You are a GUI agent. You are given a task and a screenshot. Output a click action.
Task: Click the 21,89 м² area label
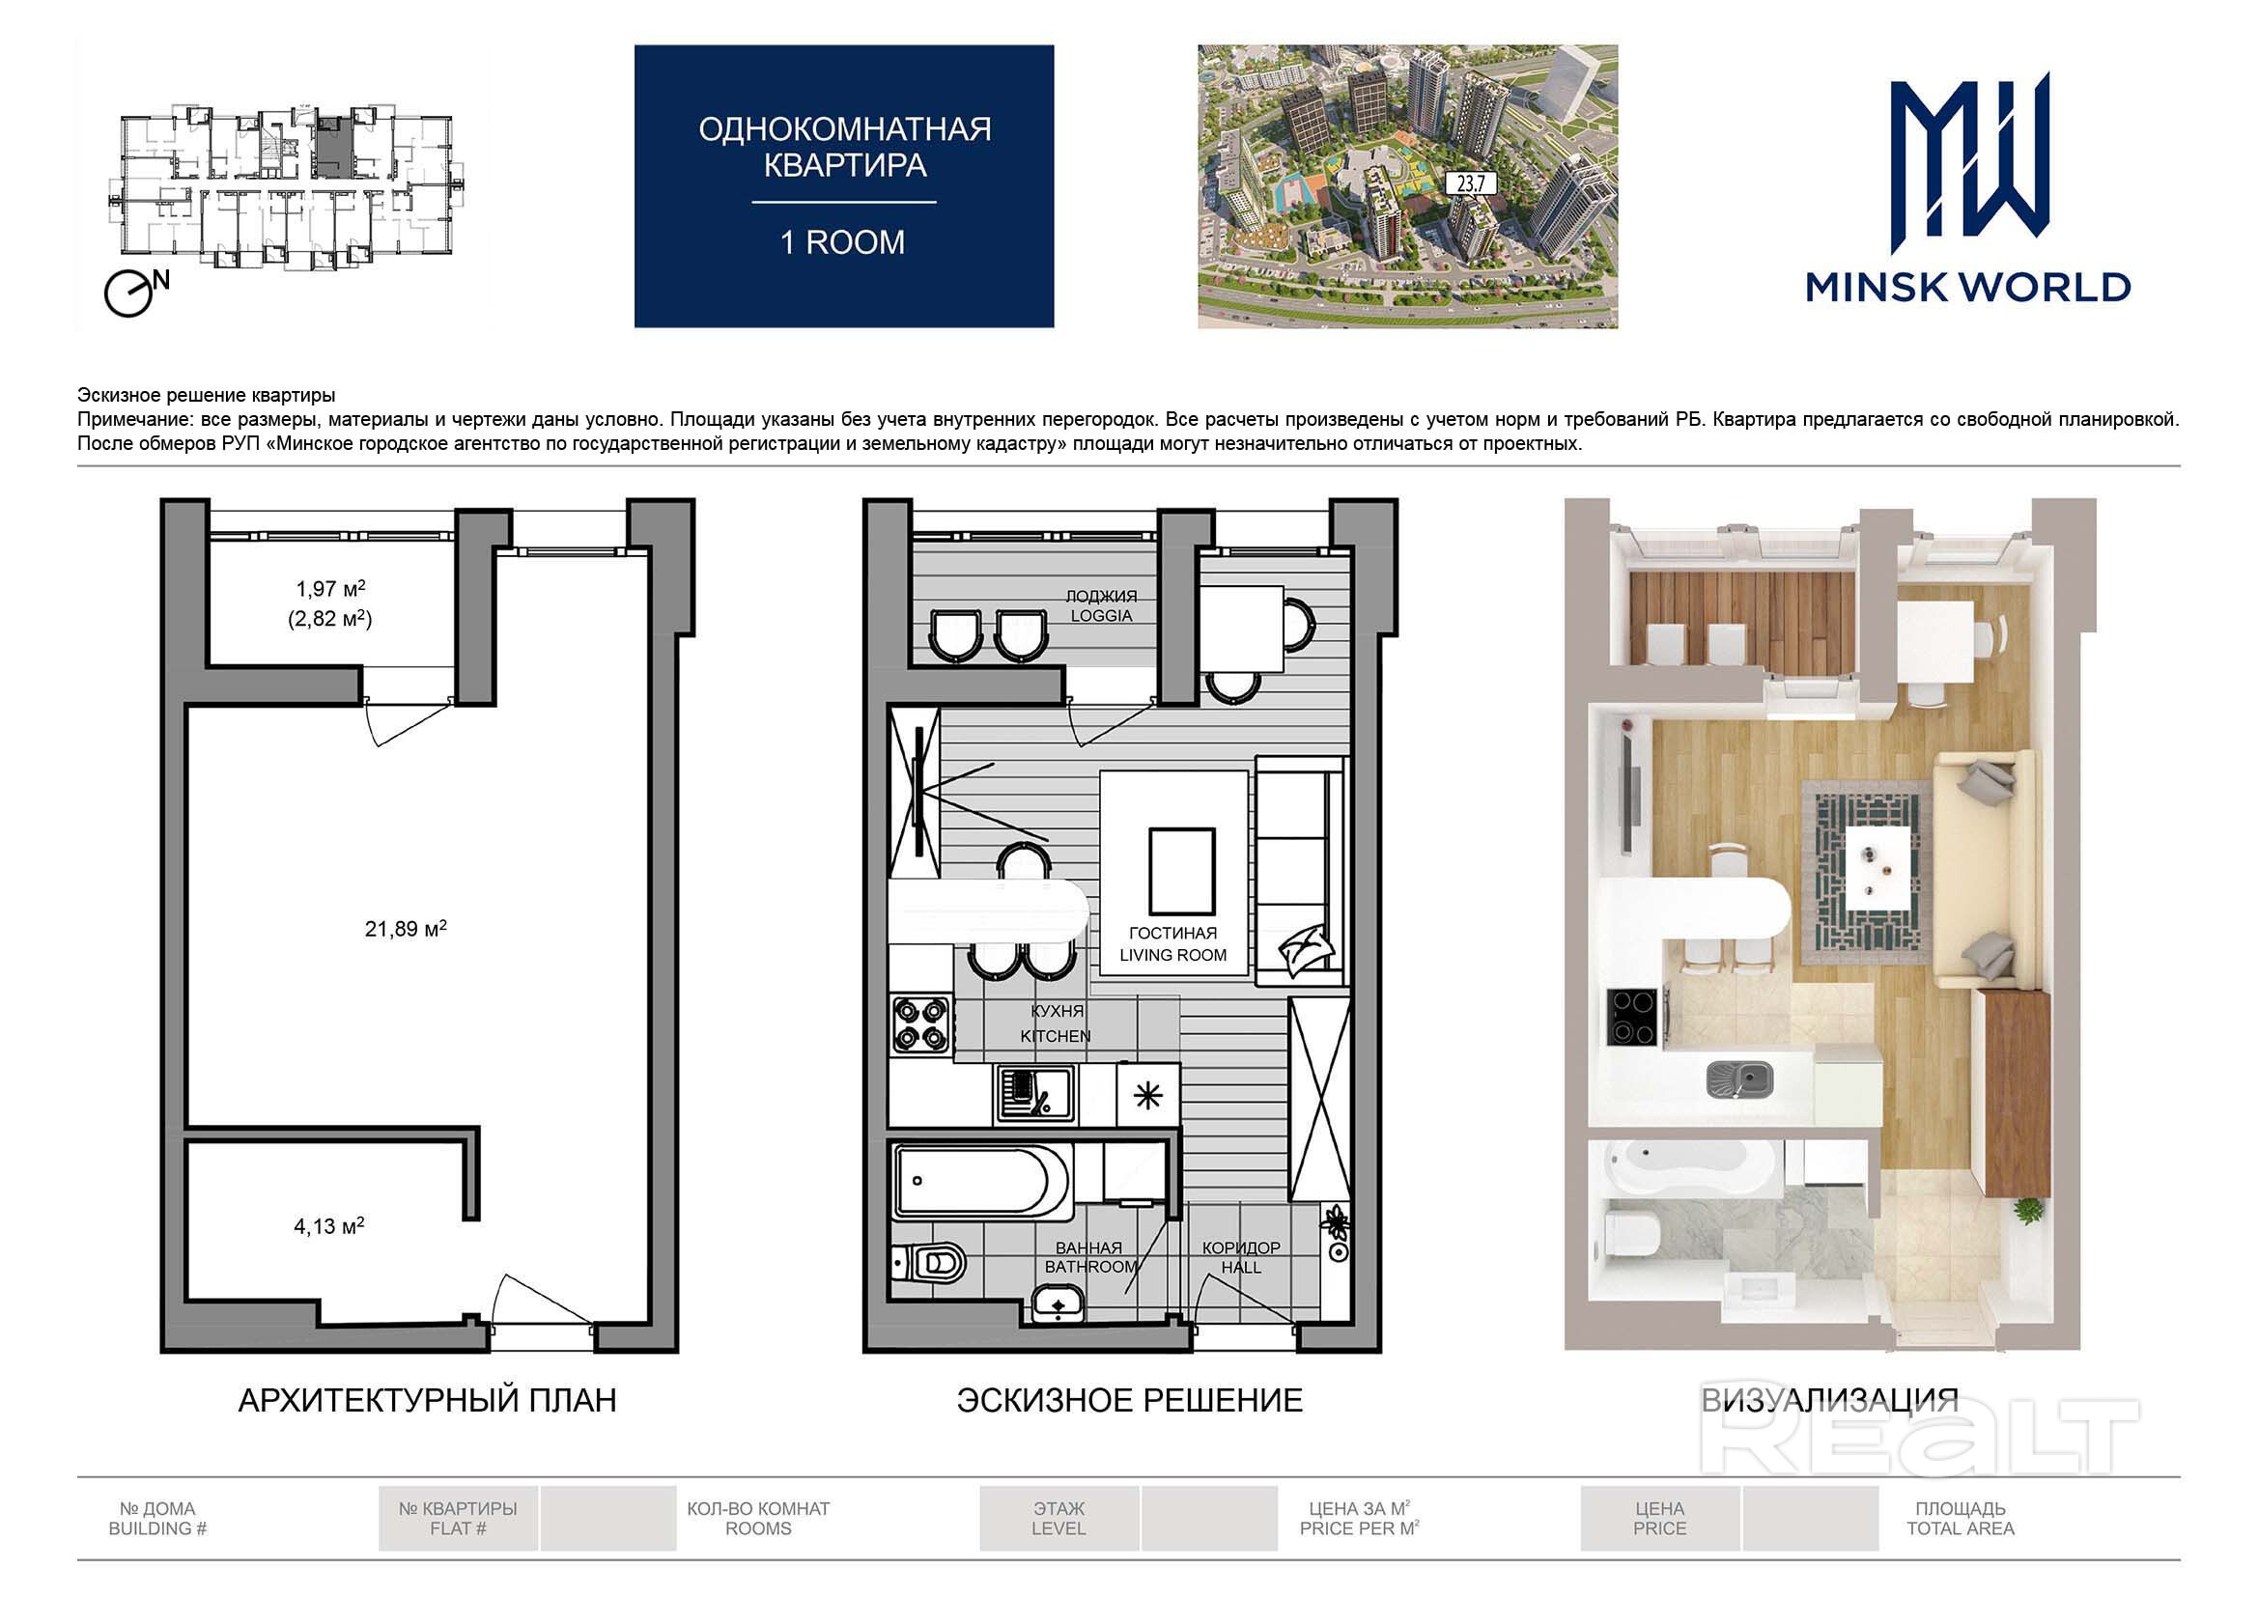click(x=406, y=928)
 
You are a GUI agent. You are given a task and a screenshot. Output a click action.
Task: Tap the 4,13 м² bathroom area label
click(x=328, y=1225)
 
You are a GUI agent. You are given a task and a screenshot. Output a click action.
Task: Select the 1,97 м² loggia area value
click(x=330, y=588)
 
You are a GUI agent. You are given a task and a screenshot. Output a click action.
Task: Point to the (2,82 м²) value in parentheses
click(x=329, y=619)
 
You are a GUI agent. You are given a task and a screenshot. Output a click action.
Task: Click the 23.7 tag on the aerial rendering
click(x=1471, y=182)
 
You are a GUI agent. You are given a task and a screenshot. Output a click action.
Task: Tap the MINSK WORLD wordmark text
click(x=1968, y=287)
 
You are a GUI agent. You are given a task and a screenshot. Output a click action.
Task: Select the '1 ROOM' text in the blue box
click(x=843, y=242)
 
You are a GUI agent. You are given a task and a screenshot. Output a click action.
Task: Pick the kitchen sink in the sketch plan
click(x=1034, y=1094)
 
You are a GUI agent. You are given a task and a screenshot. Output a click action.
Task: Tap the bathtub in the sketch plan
click(x=981, y=1180)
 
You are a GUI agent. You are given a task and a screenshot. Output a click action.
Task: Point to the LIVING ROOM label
click(x=1173, y=955)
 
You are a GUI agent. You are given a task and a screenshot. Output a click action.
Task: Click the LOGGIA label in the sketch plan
click(x=1101, y=616)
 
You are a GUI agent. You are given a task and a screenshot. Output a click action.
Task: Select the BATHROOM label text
click(x=1090, y=1267)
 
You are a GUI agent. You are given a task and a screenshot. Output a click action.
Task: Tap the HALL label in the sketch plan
click(x=1241, y=1268)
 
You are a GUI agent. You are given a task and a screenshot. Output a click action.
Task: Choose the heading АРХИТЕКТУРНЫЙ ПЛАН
click(x=428, y=1400)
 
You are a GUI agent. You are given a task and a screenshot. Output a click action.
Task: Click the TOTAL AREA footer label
click(x=1960, y=1528)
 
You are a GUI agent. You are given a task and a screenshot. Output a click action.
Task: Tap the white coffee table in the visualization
click(x=1879, y=868)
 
